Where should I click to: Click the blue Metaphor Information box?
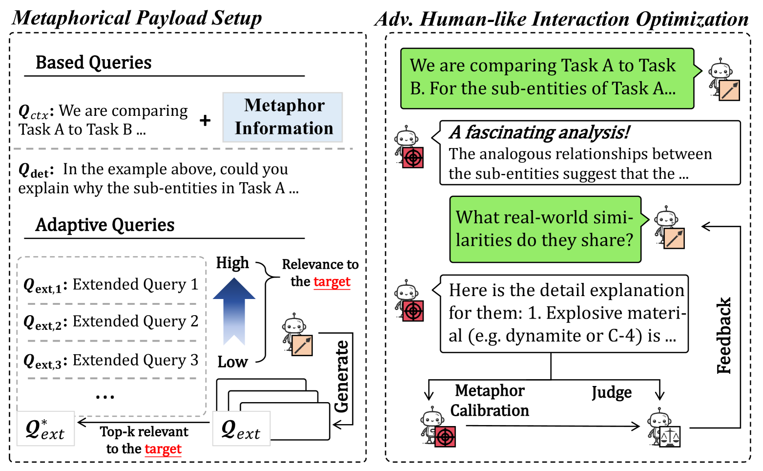283,117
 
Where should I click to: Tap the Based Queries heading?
93,63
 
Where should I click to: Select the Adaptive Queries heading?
104,225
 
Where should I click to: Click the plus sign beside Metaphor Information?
205,120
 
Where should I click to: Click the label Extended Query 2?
135,321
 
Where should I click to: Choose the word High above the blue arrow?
232,263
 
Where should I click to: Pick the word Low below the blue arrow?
232,362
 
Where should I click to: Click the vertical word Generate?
342,377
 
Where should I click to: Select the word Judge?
611,392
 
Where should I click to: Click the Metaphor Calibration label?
490,401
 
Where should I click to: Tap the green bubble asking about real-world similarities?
545,229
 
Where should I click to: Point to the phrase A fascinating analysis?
539,132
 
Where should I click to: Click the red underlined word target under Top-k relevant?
163,449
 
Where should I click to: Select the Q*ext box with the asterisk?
45,428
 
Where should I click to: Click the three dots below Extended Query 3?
105,396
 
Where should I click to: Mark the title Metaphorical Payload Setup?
137,18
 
